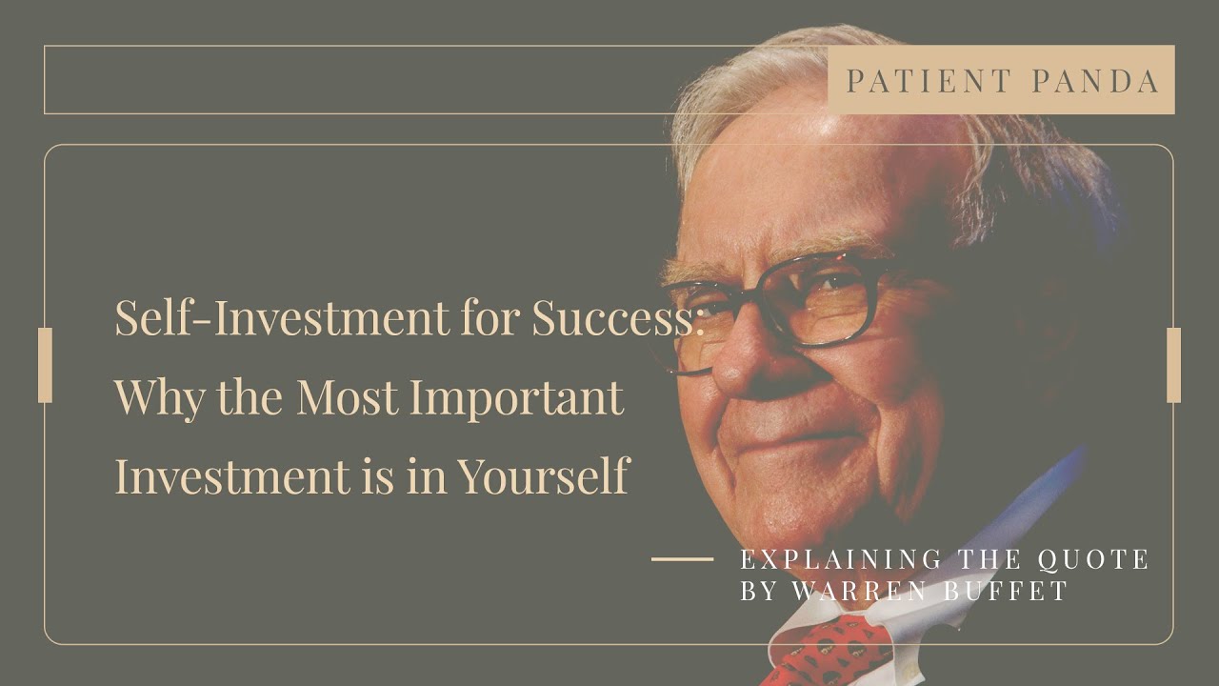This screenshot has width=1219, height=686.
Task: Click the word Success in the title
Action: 613,317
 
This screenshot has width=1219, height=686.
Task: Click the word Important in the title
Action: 517,398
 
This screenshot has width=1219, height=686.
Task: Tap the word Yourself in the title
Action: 544,475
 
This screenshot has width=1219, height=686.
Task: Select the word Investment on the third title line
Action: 230,475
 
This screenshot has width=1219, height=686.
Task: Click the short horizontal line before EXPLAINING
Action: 682,559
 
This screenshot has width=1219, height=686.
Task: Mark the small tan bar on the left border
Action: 45,365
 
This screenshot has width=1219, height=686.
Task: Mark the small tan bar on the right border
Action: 1173,365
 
